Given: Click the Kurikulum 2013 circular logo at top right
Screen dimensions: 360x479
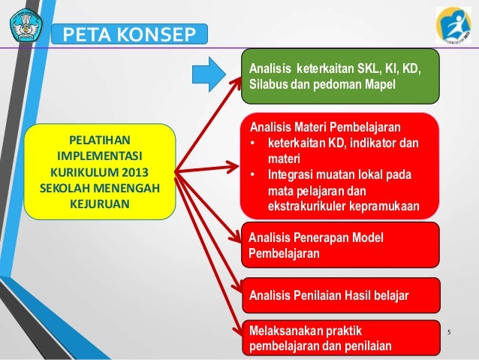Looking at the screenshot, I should point(453,26).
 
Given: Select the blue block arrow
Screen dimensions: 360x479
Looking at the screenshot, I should point(208,72).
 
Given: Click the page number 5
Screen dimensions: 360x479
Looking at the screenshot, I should point(450,332).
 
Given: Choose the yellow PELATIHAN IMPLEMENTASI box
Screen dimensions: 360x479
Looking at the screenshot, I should point(99,172).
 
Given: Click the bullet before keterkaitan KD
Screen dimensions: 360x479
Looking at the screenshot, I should point(255,143).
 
